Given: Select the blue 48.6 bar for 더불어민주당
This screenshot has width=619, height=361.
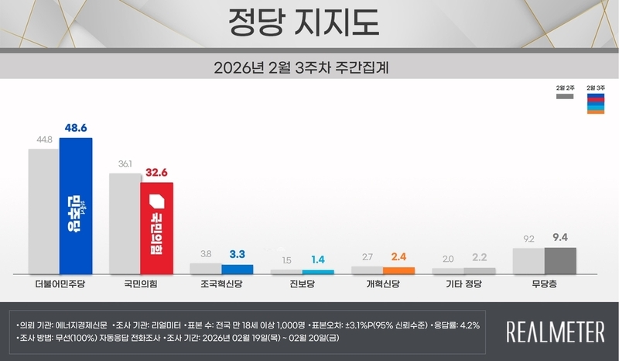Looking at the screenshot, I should (x=76, y=205).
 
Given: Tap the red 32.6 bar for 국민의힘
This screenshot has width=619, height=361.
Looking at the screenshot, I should (x=157, y=228).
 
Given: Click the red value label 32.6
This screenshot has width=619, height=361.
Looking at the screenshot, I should (x=157, y=174).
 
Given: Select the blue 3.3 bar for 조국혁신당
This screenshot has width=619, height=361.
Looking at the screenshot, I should (x=237, y=270).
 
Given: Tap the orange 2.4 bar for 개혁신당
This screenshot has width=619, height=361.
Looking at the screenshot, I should (x=398, y=270).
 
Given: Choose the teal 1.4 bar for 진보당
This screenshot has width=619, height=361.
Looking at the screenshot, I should (x=318, y=272).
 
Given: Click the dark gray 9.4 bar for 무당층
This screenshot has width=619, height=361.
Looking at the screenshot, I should (x=561, y=261).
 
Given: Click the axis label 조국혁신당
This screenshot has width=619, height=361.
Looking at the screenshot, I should (x=221, y=286).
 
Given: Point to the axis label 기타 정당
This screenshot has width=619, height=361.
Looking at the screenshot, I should (x=463, y=286).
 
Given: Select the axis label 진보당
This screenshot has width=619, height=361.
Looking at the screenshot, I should (x=302, y=286).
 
